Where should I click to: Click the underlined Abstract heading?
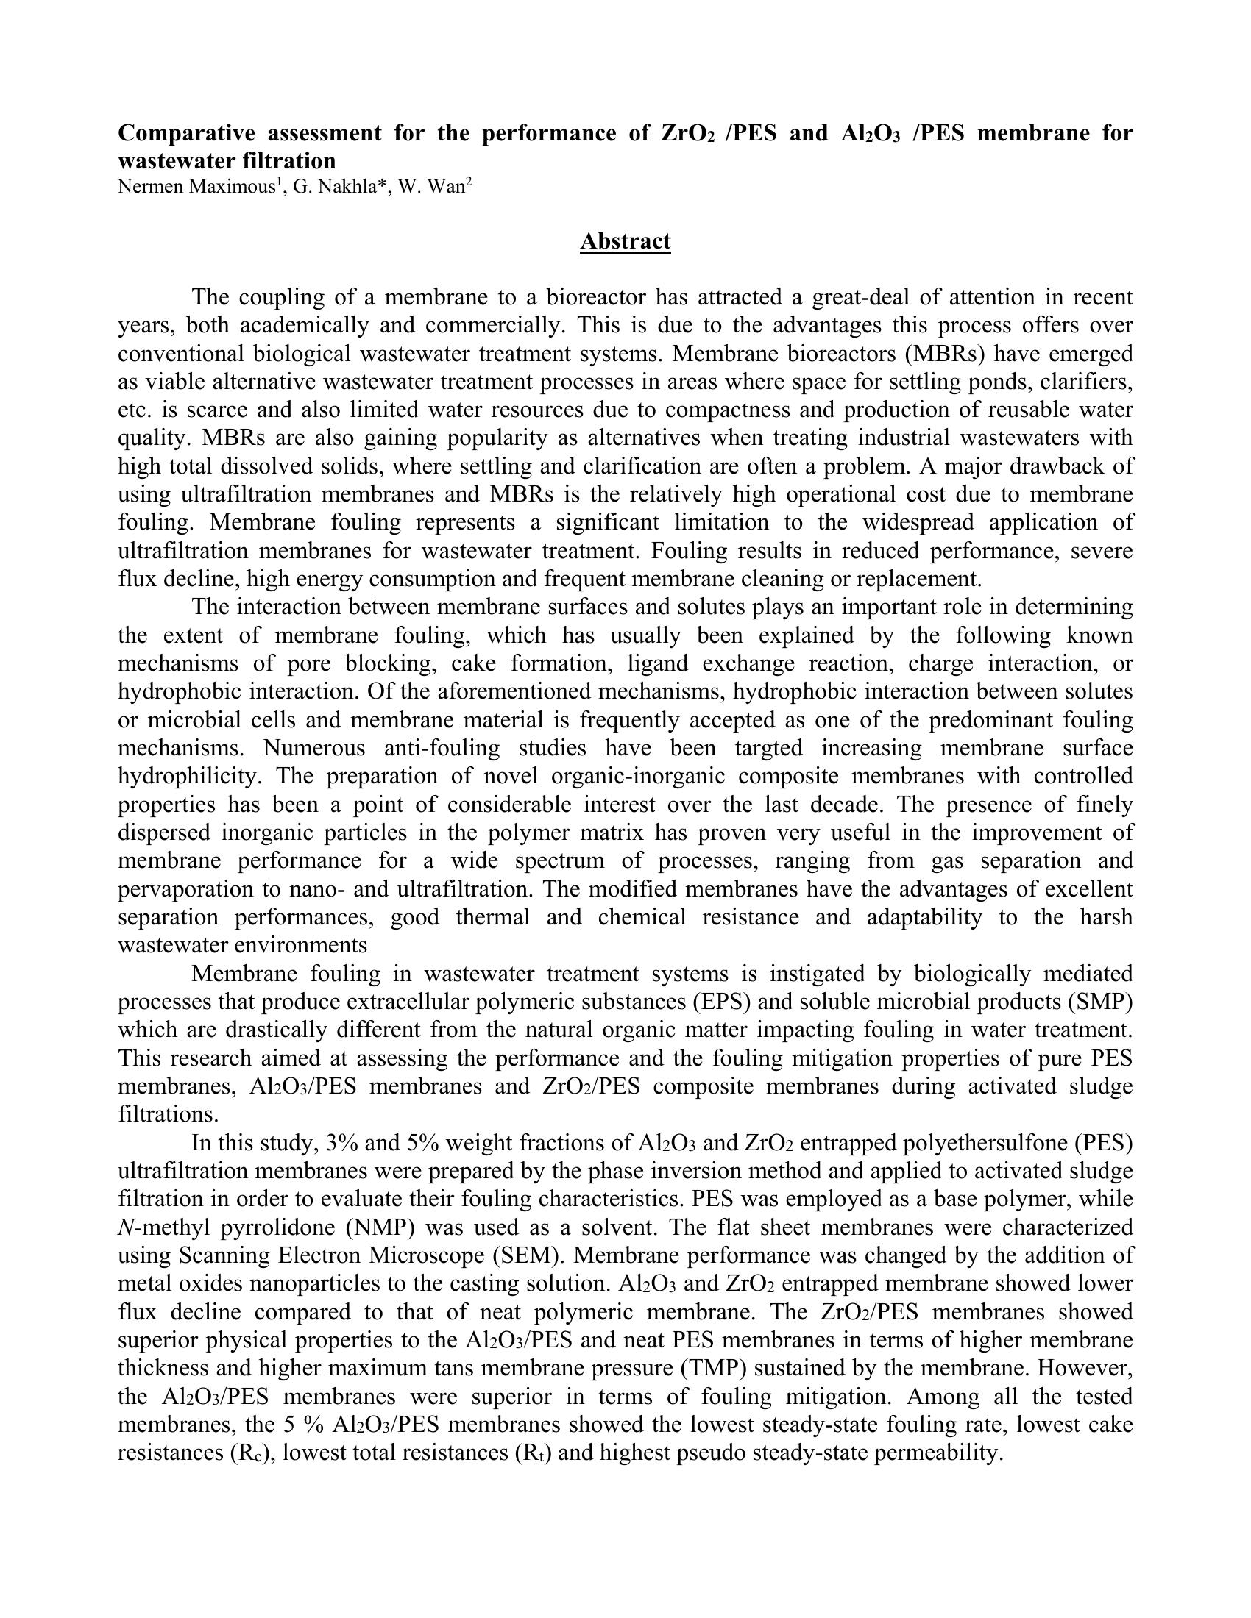point(625,241)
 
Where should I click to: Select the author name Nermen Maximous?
point(196,187)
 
